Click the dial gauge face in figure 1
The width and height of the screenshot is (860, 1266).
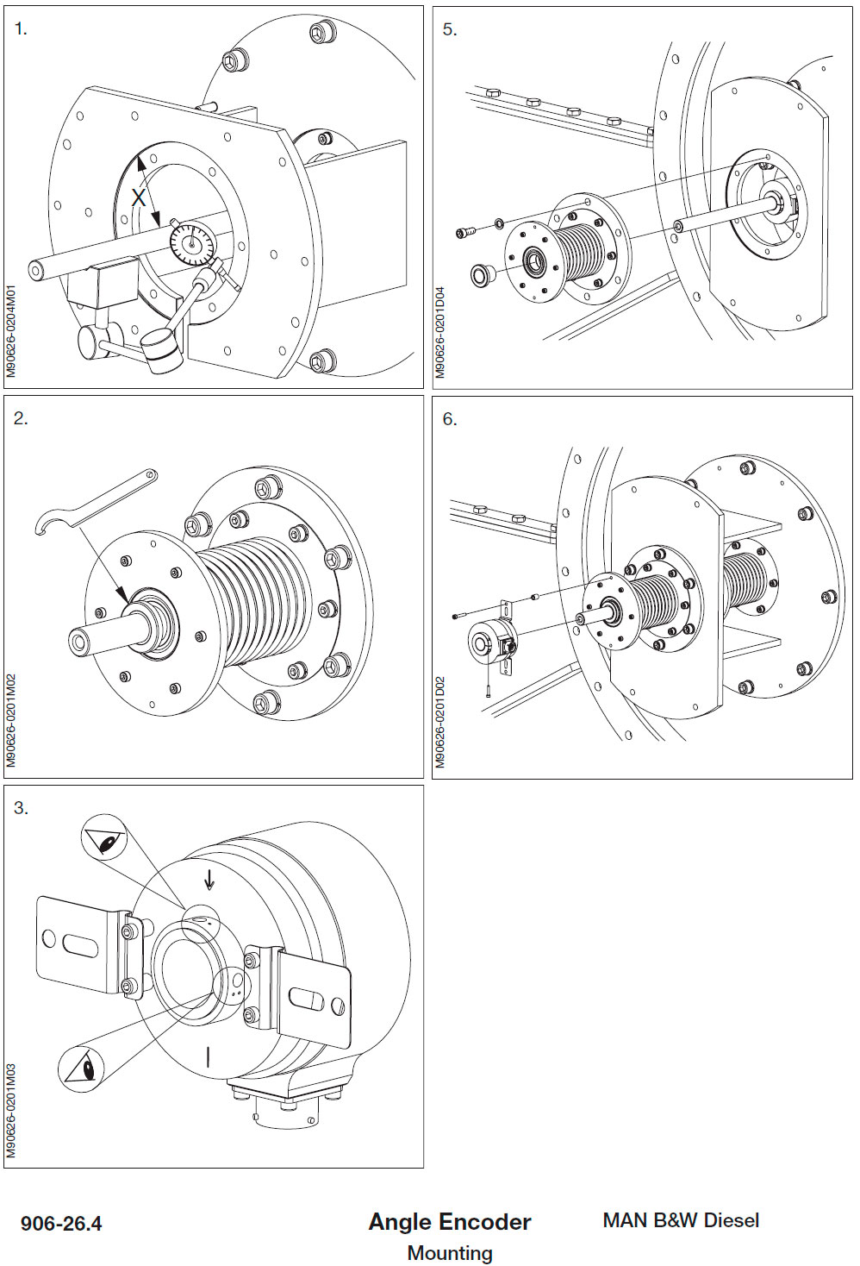191,243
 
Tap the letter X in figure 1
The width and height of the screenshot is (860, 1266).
139,197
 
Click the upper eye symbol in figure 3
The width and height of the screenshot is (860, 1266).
104,838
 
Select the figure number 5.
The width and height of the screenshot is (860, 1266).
449,29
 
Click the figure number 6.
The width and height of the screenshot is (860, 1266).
449,419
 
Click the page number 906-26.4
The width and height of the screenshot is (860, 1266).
61,1223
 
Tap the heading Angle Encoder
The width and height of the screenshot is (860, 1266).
449,1221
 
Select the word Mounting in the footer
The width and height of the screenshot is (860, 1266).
449,1252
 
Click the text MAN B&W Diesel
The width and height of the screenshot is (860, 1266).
681,1220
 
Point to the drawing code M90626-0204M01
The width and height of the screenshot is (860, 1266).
11,330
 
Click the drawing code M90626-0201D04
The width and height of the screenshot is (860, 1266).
439,332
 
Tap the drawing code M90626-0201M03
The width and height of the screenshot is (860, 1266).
11,1111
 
